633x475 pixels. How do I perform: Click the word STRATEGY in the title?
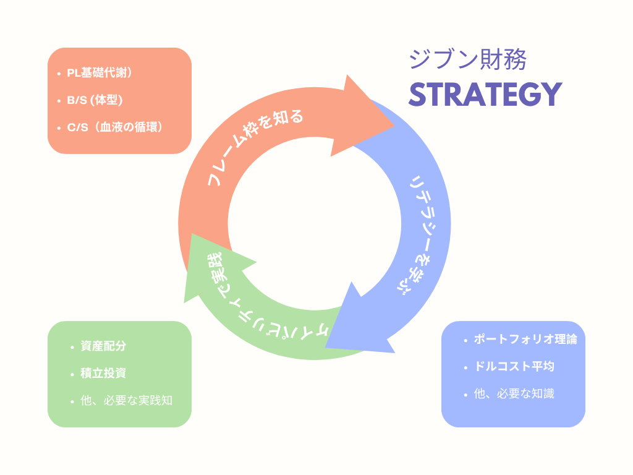pyautogui.click(x=485, y=94)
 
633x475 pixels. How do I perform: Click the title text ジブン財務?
pyautogui.click(x=467, y=60)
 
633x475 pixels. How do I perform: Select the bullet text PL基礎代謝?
pyautogui.click(x=100, y=73)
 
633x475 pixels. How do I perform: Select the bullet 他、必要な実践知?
pyautogui.click(x=126, y=401)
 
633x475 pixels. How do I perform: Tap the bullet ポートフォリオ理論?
pyautogui.click(x=525, y=340)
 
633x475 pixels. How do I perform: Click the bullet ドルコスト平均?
pyautogui.click(x=514, y=366)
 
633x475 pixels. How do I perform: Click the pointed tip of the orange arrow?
pyautogui.click(x=394, y=126)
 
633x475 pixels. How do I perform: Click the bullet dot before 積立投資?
pyautogui.click(x=72, y=374)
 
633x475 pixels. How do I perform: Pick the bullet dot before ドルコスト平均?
pyautogui.click(x=465, y=367)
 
